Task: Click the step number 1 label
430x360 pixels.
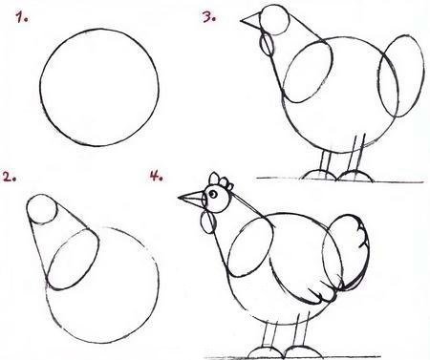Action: pyautogui.click(x=22, y=17)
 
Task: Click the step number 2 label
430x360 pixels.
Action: pyautogui.click(x=10, y=177)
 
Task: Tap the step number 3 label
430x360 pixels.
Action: pyautogui.click(x=209, y=17)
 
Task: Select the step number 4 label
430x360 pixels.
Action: pyautogui.click(x=157, y=176)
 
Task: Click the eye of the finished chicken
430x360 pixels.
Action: pyautogui.click(x=213, y=194)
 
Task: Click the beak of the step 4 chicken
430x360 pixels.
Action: pyautogui.click(x=192, y=200)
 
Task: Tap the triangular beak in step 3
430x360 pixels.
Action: pyautogui.click(x=251, y=21)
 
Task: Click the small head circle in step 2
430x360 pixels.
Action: pyautogui.click(x=42, y=209)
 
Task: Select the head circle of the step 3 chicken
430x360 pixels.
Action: pyautogui.click(x=274, y=20)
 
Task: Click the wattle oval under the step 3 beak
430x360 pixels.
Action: pyautogui.click(x=267, y=45)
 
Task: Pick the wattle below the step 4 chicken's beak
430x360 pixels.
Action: pyautogui.click(x=208, y=222)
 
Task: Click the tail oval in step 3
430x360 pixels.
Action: pyautogui.click(x=401, y=75)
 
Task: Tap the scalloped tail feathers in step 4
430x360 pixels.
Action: pyautogui.click(x=354, y=251)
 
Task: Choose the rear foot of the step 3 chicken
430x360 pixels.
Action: pyautogui.click(x=355, y=177)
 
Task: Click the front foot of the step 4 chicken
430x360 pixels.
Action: pyautogui.click(x=265, y=352)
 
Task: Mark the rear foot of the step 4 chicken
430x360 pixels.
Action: pyautogui.click(x=302, y=351)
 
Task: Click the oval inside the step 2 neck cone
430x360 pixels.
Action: pyautogui.click(x=73, y=260)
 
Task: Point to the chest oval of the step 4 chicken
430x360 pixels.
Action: pyautogui.click(x=251, y=247)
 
